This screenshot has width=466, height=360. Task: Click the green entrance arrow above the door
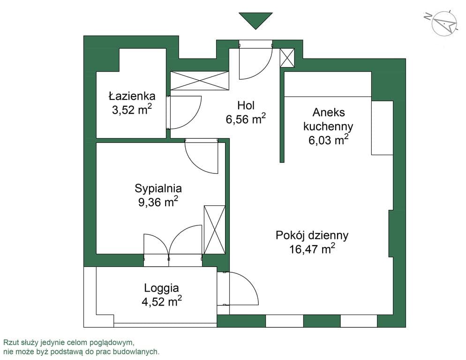click(256, 20)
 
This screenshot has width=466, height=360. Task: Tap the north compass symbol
click(443, 22)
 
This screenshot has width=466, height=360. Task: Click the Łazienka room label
click(132, 96)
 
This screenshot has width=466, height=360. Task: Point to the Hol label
click(246, 105)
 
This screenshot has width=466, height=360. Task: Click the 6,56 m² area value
click(246, 119)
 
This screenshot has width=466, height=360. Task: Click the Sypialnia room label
click(158, 188)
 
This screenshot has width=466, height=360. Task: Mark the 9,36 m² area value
click(158, 202)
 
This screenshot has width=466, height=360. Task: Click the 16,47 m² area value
click(312, 249)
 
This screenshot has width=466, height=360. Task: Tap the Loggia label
click(161, 288)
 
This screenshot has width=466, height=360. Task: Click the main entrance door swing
click(255, 61)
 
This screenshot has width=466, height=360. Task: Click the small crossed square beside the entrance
click(287, 58)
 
